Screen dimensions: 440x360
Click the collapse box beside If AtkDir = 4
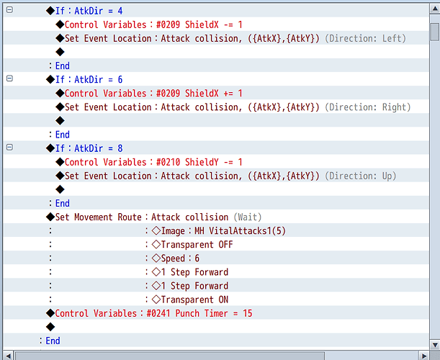pos(9,10)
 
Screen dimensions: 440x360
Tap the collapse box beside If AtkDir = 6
pos(9,78)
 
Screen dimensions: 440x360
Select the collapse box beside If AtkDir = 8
pos(9,148)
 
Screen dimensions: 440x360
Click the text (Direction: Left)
pos(365,38)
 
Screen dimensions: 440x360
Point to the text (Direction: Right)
pos(367,107)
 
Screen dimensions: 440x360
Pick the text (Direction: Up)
pos(361,176)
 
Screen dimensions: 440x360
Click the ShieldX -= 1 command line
pos(149,24)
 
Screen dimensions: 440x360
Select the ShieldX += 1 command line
pos(149,94)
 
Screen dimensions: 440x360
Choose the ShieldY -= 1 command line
pos(149,162)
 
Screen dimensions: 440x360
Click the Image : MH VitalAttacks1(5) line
pos(219,231)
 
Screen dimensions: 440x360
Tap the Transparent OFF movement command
pos(192,245)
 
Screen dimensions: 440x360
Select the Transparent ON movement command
pos(190,300)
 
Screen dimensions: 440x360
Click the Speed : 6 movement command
pos(176,258)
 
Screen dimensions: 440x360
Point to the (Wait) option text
pos(248,217)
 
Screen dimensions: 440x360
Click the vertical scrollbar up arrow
pos(435,9)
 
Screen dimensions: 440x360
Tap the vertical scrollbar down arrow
pos(435,345)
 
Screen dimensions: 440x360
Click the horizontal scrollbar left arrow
pos(8,356)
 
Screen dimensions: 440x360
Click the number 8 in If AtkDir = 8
pos(120,148)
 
